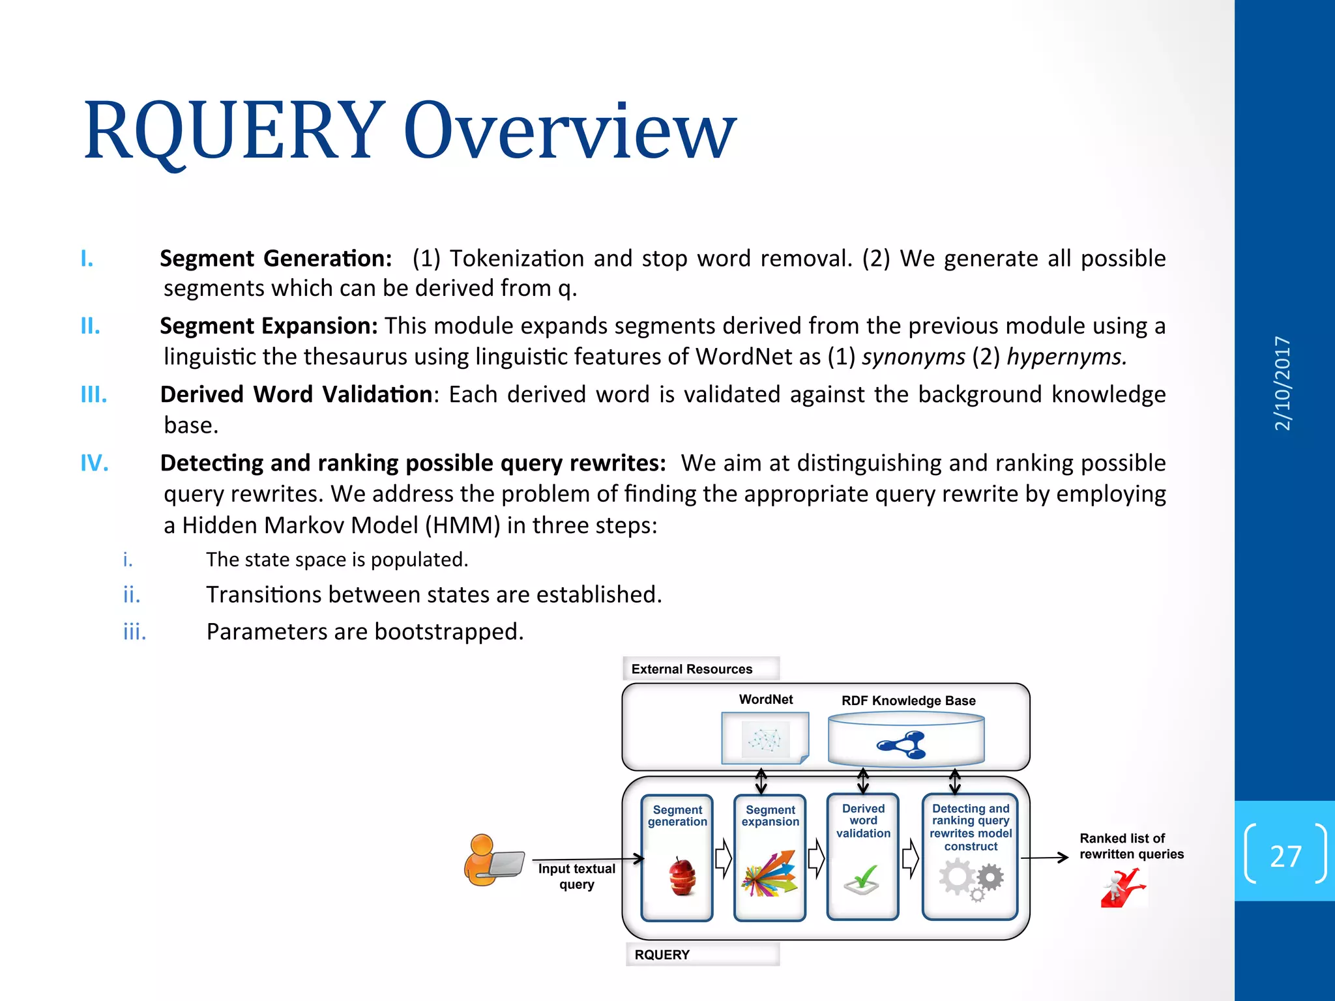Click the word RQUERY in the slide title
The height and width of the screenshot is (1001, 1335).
233,130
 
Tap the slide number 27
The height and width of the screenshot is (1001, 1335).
1285,856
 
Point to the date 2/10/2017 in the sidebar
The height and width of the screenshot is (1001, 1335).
1282,383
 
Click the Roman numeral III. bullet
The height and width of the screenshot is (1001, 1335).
94,395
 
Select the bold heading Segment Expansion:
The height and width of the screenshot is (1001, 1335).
269,326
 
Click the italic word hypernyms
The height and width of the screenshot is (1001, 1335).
1066,356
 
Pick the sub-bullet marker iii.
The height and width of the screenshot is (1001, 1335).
134,631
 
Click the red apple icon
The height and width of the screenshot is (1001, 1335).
682,877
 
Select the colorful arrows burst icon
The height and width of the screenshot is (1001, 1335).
770,874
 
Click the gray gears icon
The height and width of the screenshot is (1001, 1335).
971,879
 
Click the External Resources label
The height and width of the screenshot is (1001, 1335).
692,669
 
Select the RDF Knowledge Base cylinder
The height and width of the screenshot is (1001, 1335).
905,739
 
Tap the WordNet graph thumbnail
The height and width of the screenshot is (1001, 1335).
765,738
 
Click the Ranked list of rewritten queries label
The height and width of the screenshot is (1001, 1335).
1130,846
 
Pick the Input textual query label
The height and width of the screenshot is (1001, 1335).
576,876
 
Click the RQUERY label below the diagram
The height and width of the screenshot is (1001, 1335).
662,955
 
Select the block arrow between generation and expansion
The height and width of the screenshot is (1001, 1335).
723,858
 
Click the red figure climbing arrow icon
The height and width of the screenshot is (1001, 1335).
1122,888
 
